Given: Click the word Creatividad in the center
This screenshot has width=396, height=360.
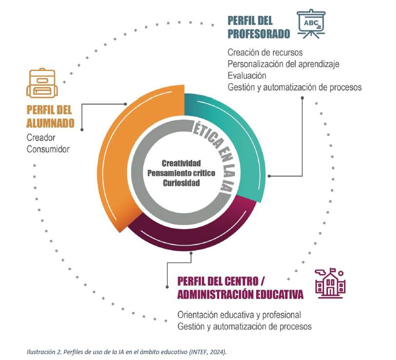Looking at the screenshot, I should point(181,163).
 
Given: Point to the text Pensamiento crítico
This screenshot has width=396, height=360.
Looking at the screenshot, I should point(181,173).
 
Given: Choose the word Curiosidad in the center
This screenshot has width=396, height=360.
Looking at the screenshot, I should point(181,182).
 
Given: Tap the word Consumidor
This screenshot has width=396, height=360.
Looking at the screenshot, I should point(48,148).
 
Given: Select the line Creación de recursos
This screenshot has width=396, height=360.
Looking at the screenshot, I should point(265,52).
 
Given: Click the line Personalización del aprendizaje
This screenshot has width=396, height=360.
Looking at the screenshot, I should point(283,64).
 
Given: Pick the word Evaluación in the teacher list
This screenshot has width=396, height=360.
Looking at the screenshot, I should point(247,75).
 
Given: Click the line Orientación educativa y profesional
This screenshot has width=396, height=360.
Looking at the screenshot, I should point(239,314).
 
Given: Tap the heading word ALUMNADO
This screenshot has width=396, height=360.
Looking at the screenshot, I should point(51,123).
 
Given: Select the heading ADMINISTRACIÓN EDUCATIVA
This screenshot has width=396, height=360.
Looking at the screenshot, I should point(240,295).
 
